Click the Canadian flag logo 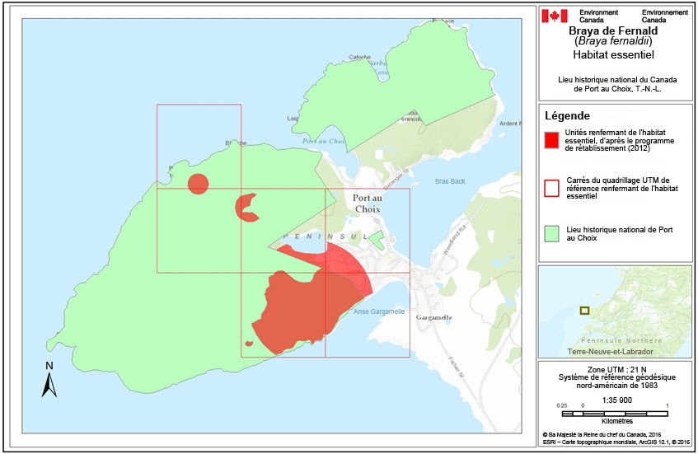[555, 16]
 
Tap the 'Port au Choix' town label [367, 204]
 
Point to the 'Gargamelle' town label [435, 316]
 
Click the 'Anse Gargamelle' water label [378, 311]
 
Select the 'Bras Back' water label [450, 181]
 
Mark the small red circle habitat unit [198, 184]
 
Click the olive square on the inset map [584, 311]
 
